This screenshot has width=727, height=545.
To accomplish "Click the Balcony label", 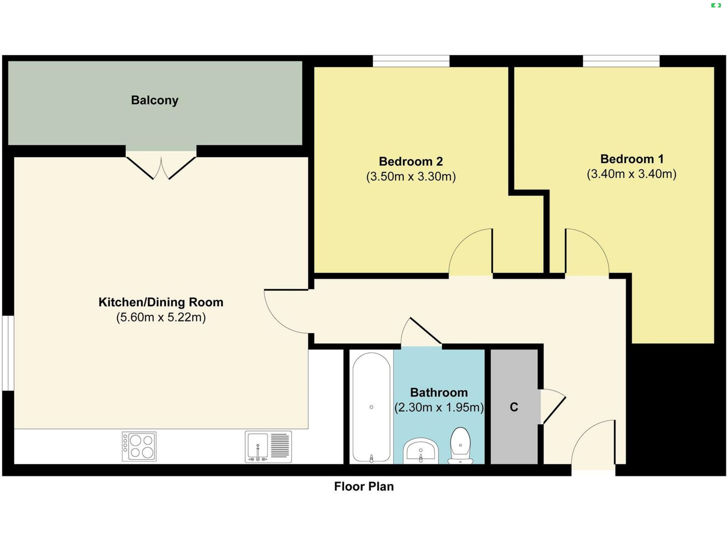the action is tap(154, 100).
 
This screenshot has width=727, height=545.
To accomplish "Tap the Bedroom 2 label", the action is tap(411, 161).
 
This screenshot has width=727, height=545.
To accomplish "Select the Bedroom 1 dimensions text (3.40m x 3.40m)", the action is tap(632, 174).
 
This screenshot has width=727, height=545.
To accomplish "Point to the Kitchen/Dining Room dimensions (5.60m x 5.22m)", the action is tap(161, 317).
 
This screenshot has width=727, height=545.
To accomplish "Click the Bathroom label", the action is tap(439, 392).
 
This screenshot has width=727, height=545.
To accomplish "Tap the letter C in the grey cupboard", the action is tap(514, 407).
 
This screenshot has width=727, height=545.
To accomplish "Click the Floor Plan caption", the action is tap(364, 487).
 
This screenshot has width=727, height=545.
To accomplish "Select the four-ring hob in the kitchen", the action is tap(139, 446).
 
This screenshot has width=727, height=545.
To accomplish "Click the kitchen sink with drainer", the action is tap(268, 447).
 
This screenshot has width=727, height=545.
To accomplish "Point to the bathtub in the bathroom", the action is tap(371, 408).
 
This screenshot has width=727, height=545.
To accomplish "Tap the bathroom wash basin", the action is tap(421, 450).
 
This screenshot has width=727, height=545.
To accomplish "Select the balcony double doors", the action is tap(161, 168).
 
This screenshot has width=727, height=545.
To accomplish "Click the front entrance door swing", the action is tap(593, 442).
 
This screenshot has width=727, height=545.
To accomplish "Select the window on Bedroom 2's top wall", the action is tap(411, 61).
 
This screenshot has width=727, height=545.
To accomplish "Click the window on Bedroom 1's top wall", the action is tap(621, 61).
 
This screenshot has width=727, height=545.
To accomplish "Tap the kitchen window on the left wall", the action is tap(8, 353).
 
